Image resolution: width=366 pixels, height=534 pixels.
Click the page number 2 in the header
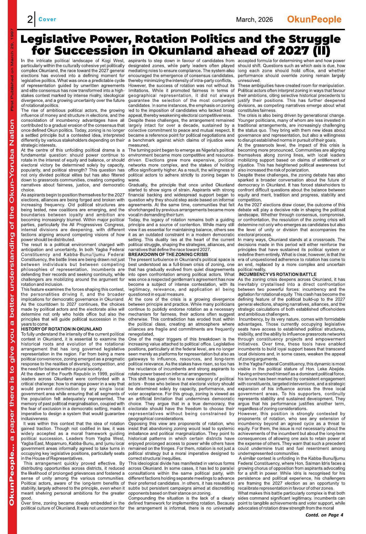(x=30, y=20)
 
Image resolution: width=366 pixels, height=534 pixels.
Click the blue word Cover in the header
(x=47, y=19)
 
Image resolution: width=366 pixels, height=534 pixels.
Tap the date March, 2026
(x=254, y=20)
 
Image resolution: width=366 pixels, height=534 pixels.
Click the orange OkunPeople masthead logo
(x=314, y=19)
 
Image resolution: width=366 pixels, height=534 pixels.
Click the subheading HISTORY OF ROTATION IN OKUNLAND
(x=62, y=329)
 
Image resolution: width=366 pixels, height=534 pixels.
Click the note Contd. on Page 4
(x=324, y=515)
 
